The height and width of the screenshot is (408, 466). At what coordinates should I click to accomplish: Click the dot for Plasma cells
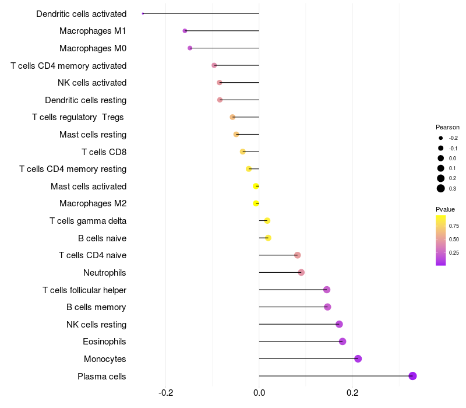point(412,376)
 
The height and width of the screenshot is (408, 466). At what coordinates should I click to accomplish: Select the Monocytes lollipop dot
point(358,358)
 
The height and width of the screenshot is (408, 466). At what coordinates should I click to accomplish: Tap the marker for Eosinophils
point(343,342)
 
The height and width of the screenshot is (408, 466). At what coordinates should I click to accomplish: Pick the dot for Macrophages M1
point(185,31)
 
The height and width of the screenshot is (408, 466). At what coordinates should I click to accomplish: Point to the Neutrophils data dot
point(301,272)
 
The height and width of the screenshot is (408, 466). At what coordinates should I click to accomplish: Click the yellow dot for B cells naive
point(268,238)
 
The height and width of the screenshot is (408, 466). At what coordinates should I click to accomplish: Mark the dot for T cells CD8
point(243,152)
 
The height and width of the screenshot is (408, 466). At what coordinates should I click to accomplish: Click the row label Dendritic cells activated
point(81,13)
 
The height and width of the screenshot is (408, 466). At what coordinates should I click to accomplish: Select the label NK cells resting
point(96,324)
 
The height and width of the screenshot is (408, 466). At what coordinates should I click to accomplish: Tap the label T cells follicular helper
point(84,290)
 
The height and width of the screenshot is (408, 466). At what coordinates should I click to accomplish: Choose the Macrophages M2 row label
point(93,203)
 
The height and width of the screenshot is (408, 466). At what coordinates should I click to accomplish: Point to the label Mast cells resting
point(93,135)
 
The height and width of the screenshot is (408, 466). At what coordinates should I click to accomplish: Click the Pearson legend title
point(447,127)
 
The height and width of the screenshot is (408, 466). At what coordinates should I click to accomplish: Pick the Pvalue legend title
point(445,209)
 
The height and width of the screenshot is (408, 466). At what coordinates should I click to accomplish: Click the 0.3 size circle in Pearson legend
point(441,188)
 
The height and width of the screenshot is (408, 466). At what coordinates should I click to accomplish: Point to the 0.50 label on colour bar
point(454,240)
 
